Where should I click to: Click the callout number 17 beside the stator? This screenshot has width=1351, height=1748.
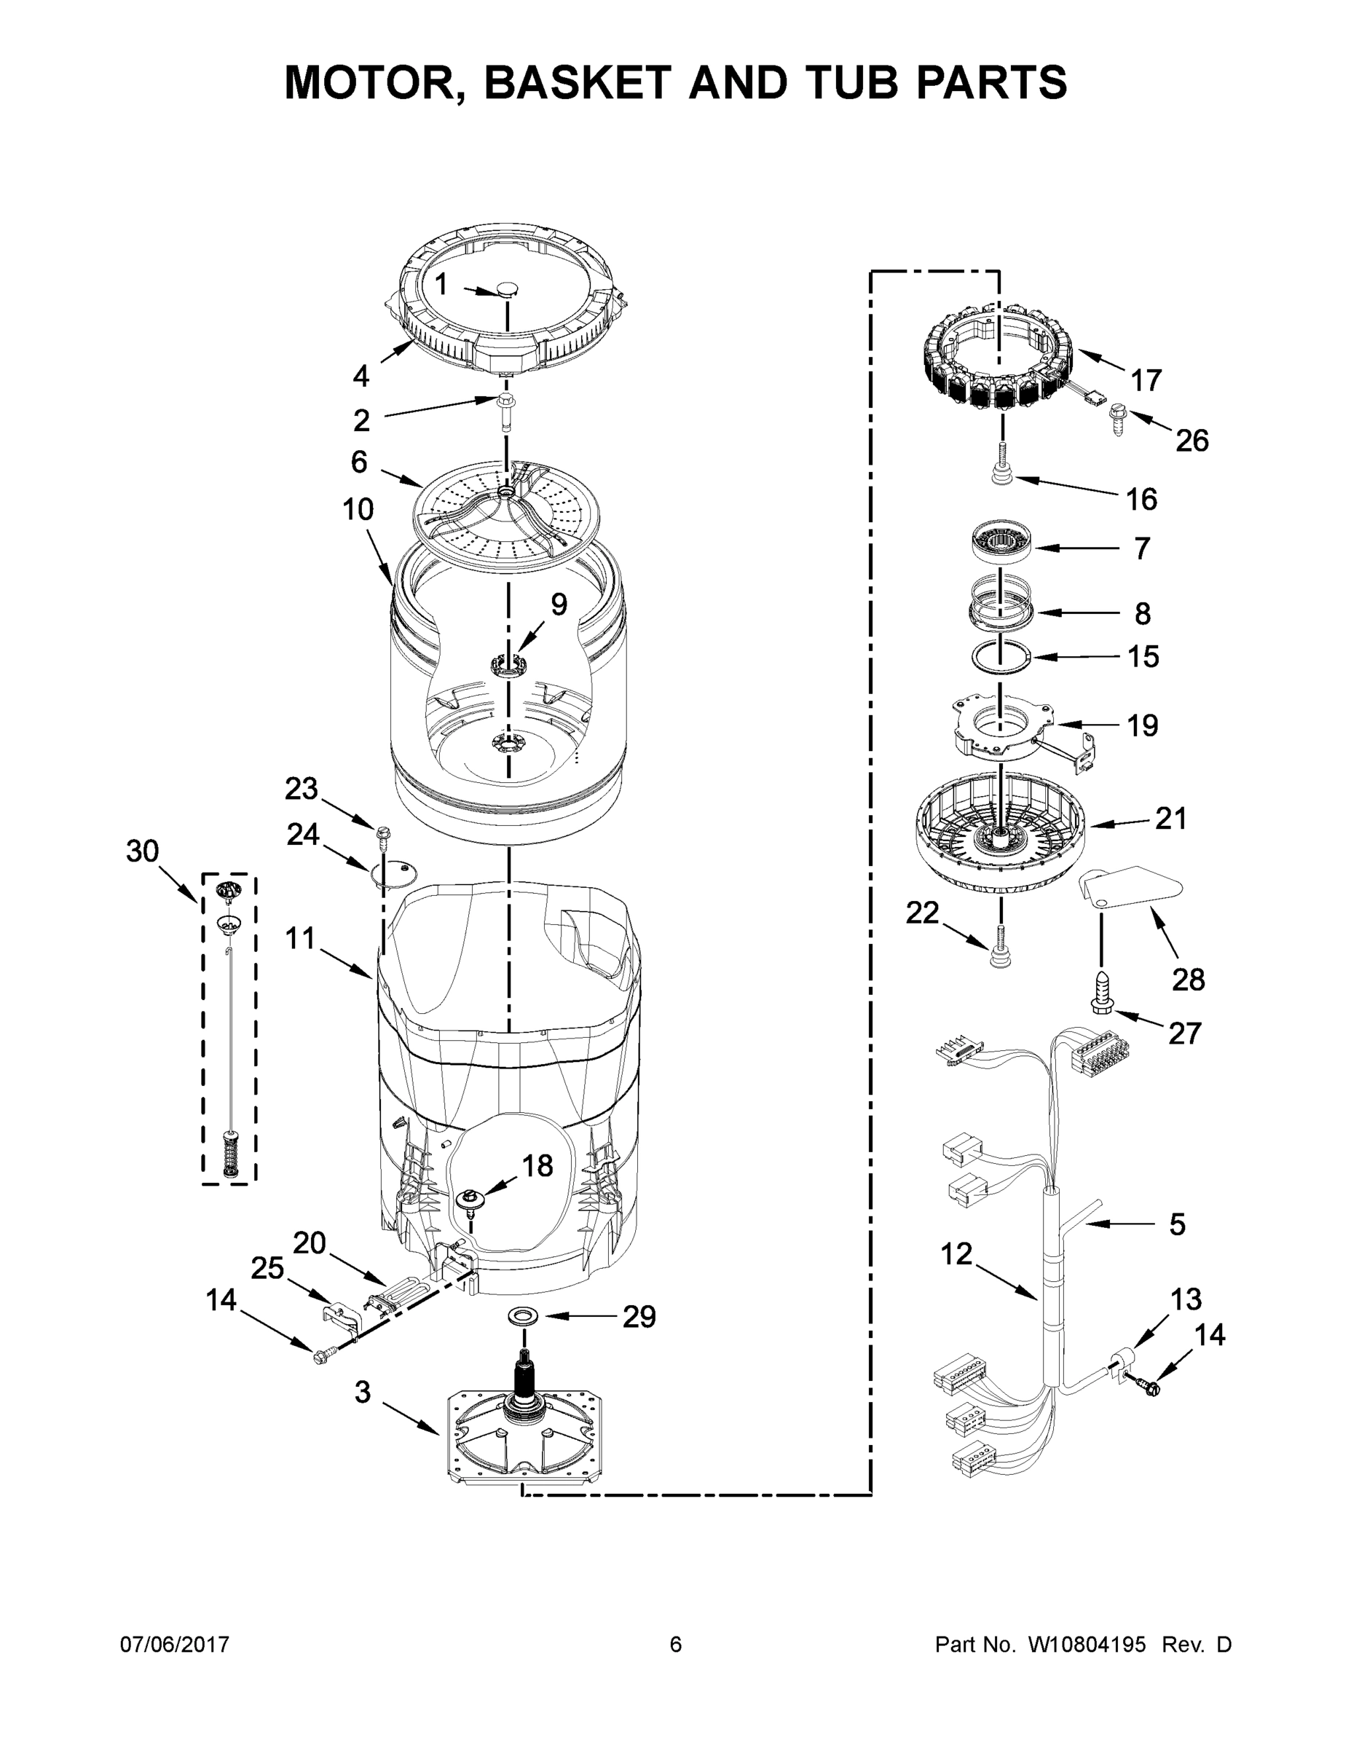1146,380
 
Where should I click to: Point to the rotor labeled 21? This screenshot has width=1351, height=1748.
1001,832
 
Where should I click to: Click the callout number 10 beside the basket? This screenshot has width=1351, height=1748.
358,509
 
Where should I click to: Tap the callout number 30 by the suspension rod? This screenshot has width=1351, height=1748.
143,851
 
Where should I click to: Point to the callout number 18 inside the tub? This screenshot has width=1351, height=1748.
537,1165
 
